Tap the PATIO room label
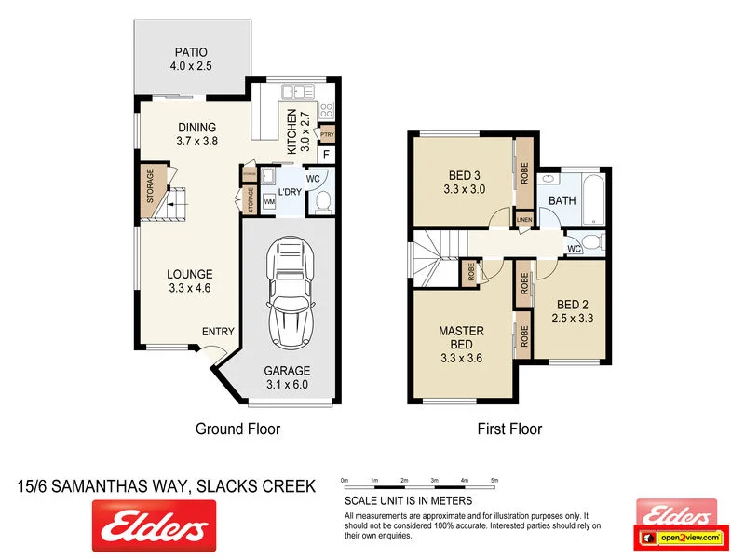[x=191, y=59]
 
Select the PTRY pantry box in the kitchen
[x=327, y=134]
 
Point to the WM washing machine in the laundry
[x=269, y=200]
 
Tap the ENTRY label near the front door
[x=218, y=332]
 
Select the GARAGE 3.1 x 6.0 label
[x=287, y=376]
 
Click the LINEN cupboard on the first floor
[x=524, y=220]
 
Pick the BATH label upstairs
[x=562, y=200]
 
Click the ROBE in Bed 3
[x=525, y=172]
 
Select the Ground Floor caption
[x=237, y=429]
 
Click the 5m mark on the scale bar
[x=494, y=481]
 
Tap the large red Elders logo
[x=154, y=526]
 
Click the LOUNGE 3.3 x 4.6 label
[x=190, y=281]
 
